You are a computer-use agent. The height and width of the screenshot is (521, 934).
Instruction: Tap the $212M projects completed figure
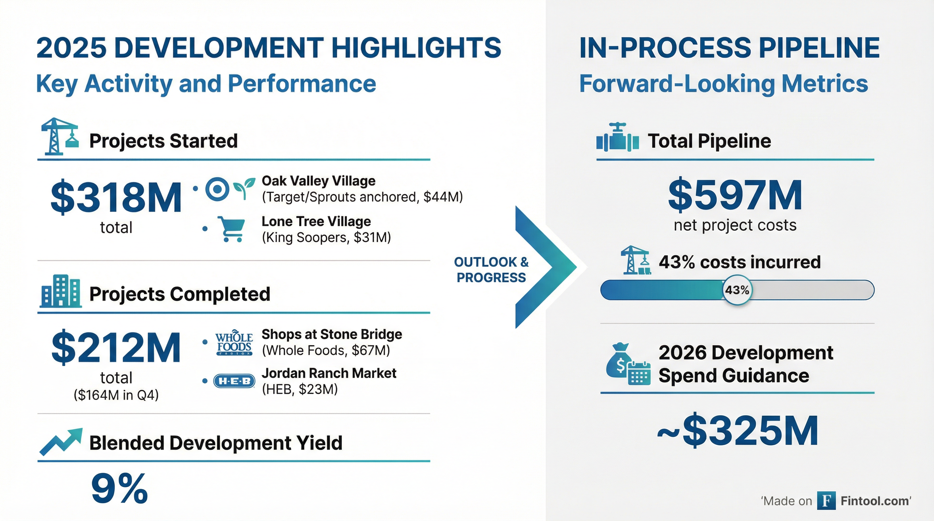click(116, 348)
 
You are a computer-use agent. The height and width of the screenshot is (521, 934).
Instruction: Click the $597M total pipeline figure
click(735, 196)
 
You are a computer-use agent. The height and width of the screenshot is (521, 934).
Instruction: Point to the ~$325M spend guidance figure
click(738, 430)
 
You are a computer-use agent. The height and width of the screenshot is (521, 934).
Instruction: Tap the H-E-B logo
click(234, 381)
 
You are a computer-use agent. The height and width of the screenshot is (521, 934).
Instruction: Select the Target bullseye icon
click(217, 189)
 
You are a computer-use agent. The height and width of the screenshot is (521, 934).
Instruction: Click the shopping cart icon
click(231, 229)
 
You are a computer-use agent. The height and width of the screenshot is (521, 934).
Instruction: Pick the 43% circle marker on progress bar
click(737, 290)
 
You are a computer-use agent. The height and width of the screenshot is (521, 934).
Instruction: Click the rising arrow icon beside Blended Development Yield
click(60, 441)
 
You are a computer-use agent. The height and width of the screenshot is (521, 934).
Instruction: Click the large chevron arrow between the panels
click(544, 267)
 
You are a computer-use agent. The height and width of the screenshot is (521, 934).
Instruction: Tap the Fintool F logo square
click(826, 501)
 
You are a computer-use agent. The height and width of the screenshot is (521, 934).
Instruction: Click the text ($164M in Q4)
click(116, 395)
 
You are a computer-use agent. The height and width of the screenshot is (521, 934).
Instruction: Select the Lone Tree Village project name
click(316, 221)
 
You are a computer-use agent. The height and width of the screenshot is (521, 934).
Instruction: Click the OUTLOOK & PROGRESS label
click(491, 270)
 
